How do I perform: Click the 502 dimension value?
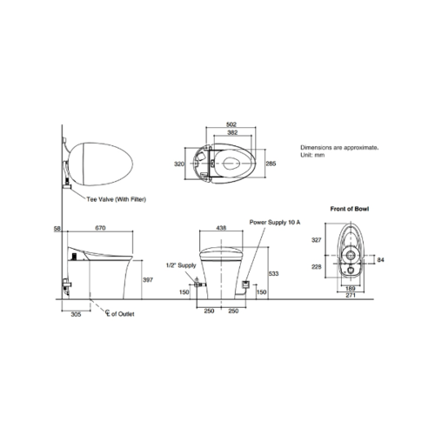pyautogui.click(x=231, y=124)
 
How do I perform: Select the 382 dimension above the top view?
pyautogui.click(x=232, y=132)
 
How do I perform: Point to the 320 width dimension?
pyautogui.click(x=179, y=164)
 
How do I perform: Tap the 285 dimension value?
pyautogui.click(x=271, y=164)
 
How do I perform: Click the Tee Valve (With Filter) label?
pyautogui.click(x=117, y=199)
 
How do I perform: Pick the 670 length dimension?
pyautogui.click(x=100, y=228)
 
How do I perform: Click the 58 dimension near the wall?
pyautogui.click(x=57, y=229)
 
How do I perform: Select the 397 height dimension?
pyautogui.click(x=148, y=280)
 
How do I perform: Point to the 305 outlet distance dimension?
pyautogui.click(x=76, y=314)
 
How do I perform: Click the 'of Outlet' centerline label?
pyautogui.click(x=123, y=314)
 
